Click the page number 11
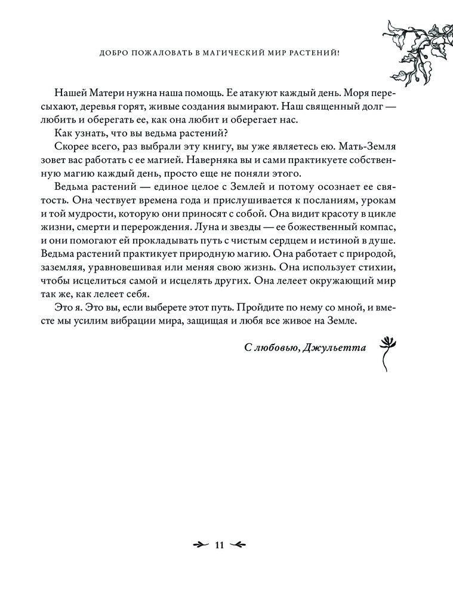click(x=218, y=544)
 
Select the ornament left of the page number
click(x=199, y=544)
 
